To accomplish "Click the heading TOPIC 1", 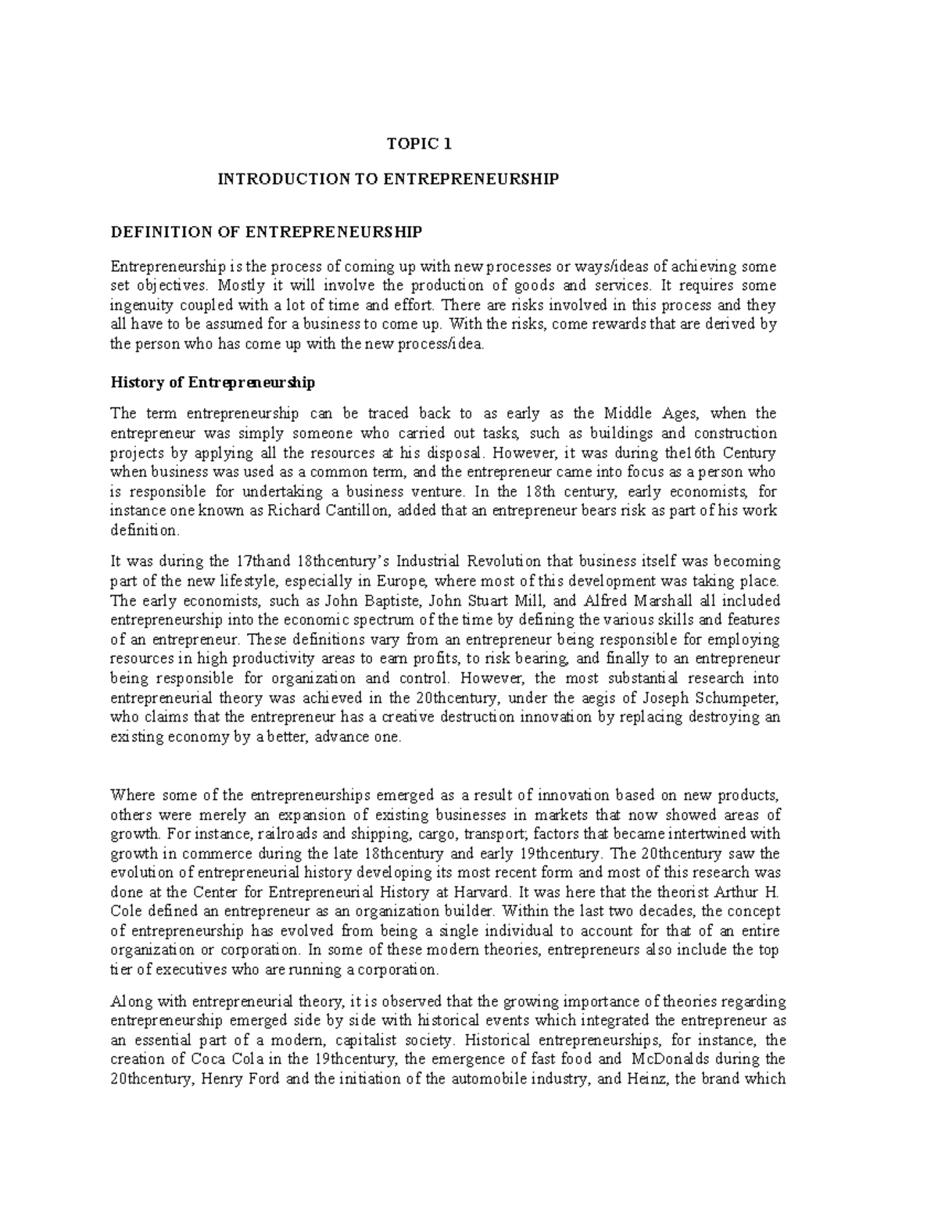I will [x=420, y=144].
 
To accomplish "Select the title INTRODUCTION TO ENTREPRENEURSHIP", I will [x=388, y=180].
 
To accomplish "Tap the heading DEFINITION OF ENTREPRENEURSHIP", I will [x=267, y=232].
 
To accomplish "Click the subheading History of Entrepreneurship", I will [x=213, y=383].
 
